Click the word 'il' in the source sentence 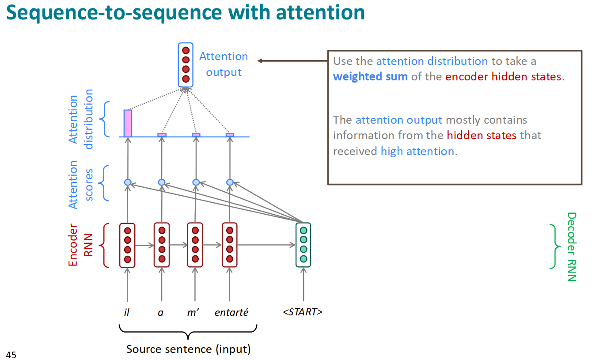coord(127,312)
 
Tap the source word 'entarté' coord(231,312)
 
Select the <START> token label coord(303,312)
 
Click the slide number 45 coord(11,354)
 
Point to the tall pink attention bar coord(128,123)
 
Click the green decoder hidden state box coord(303,245)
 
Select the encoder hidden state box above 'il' coord(127,245)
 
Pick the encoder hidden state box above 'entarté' coord(229,245)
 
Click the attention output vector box coord(186,64)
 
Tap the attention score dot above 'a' coord(162,182)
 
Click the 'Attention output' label coord(224,64)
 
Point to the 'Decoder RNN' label coord(572,246)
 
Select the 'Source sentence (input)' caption coord(188,349)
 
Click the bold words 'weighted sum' coord(370,76)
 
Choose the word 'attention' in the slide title coord(320,13)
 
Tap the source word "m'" coord(193,312)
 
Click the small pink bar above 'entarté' coord(230,135)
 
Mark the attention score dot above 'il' coord(128,182)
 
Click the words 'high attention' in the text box coord(417,151)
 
